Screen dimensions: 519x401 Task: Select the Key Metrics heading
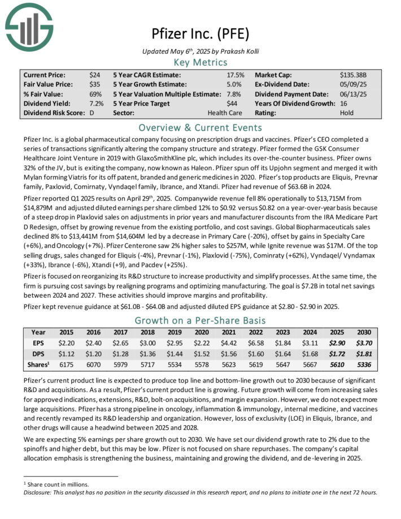tap(200, 62)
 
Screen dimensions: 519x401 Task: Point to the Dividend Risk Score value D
tap(91, 113)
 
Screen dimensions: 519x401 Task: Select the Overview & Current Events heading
tap(200, 127)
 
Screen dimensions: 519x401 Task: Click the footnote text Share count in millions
tap(53, 484)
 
